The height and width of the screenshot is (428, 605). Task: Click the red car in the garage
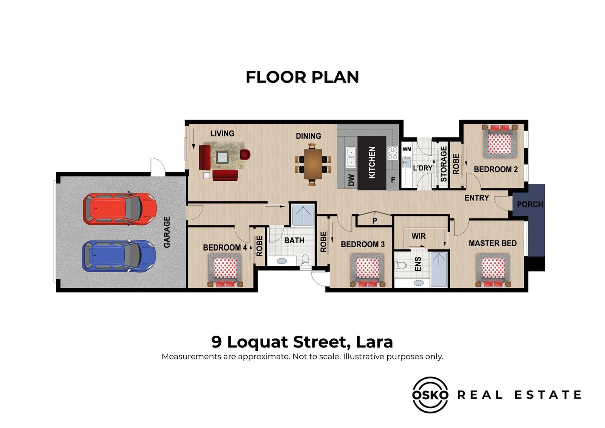click(x=120, y=209)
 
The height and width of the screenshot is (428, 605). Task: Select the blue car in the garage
click(x=119, y=256)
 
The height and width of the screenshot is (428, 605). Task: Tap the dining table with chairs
click(x=313, y=164)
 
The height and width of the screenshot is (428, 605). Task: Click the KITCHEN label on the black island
click(x=372, y=162)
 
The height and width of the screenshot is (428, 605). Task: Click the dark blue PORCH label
click(x=530, y=204)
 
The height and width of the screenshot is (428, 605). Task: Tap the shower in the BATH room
click(x=303, y=215)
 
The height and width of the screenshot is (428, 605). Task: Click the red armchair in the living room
click(x=245, y=154)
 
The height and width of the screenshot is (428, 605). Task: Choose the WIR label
click(x=419, y=236)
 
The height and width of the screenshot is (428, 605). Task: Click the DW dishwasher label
click(x=351, y=180)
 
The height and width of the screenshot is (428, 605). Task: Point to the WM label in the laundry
click(x=407, y=149)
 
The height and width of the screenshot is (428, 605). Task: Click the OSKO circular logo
click(x=430, y=395)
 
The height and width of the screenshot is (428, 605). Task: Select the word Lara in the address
click(x=374, y=342)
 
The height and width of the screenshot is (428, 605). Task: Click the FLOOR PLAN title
click(x=302, y=77)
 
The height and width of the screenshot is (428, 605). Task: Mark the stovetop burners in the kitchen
click(x=392, y=153)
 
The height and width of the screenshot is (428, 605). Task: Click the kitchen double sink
click(x=351, y=157)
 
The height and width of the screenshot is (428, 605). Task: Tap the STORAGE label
click(x=443, y=164)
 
